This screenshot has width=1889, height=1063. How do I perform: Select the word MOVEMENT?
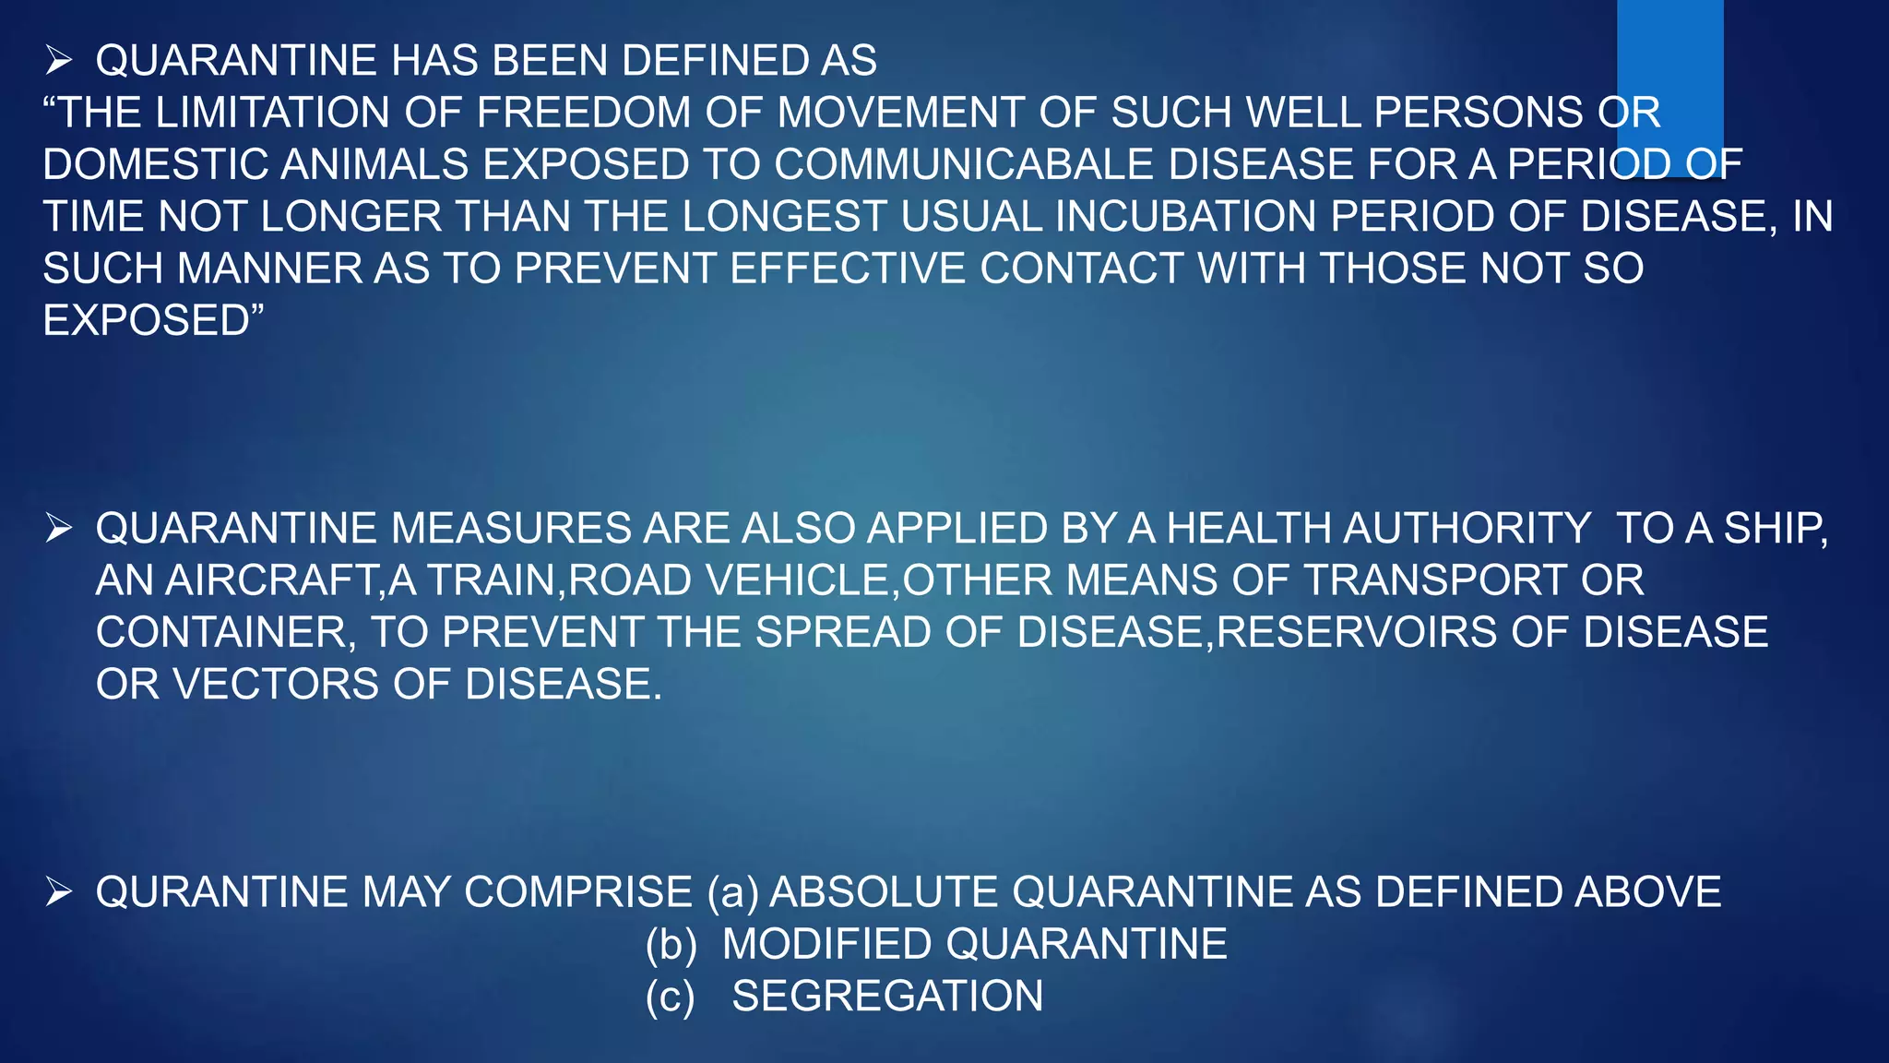click(900, 113)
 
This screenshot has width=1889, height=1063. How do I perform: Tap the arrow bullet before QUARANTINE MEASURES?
click(59, 529)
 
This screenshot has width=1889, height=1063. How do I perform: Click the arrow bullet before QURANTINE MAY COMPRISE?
click(59, 892)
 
